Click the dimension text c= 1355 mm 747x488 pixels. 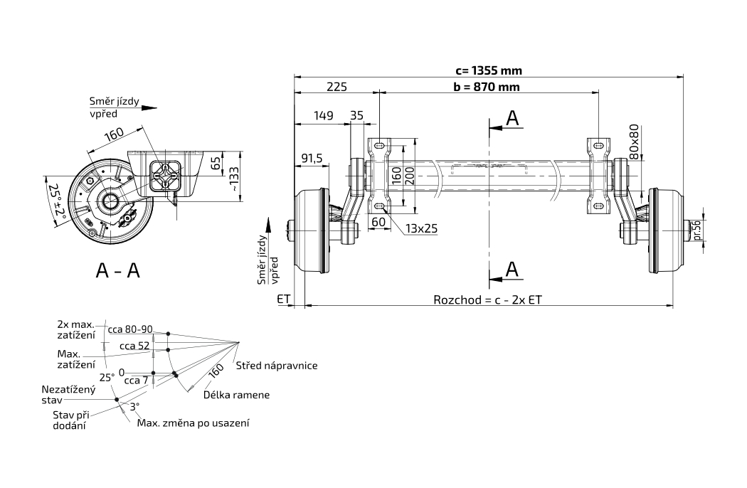489,70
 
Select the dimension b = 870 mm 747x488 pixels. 486,87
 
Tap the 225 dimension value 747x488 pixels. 337,87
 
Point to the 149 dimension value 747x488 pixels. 324,115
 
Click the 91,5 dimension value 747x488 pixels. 312,159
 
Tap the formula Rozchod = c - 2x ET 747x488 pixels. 487,299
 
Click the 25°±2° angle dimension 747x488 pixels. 56,203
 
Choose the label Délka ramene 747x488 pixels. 236,394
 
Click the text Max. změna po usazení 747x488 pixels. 193,423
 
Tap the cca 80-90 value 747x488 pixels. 130,329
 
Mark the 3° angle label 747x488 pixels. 134,406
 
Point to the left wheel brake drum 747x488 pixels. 313,231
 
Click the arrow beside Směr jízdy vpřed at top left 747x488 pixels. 148,108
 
